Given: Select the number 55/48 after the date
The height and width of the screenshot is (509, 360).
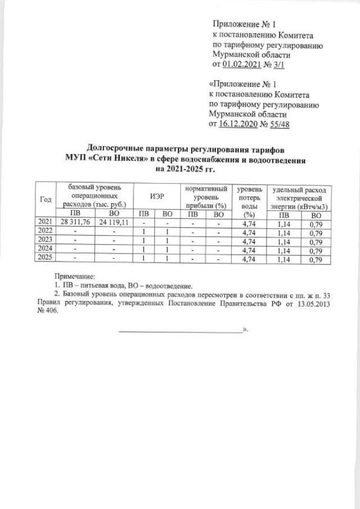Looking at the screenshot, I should click(279, 124).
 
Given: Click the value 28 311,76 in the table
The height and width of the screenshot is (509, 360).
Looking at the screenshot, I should click(74, 223).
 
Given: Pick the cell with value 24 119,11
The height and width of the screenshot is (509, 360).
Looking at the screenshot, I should click(114, 223).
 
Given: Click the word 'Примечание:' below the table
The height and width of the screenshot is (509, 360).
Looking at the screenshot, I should click(75, 276).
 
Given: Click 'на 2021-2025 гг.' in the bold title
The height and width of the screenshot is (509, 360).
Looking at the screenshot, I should click(186, 168).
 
